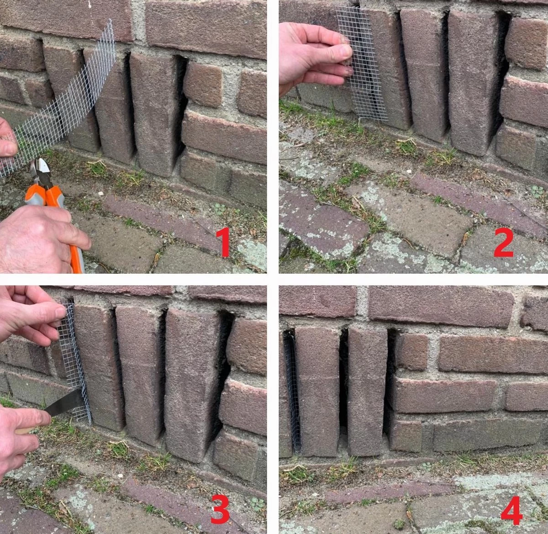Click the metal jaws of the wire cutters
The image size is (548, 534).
point(42,172)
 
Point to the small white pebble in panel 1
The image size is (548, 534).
point(100,194)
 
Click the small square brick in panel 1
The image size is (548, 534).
point(203,85)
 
